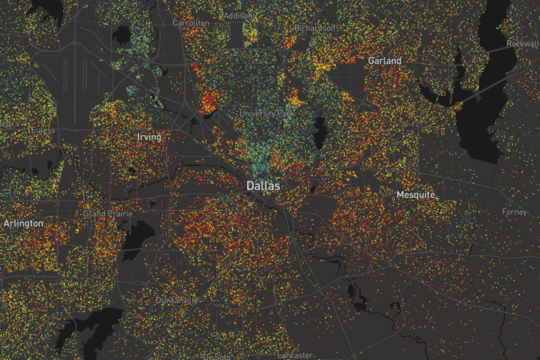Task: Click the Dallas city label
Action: click(x=262, y=185)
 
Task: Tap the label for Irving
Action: click(x=148, y=137)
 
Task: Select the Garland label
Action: click(x=384, y=61)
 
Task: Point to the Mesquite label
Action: click(x=416, y=195)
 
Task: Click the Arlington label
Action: click(x=23, y=224)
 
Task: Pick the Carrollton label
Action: click(x=191, y=23)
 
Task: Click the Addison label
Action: click(x=237, y=15)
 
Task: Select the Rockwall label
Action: click(x=522, y=44)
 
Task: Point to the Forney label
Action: click(x=514, y=212)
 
